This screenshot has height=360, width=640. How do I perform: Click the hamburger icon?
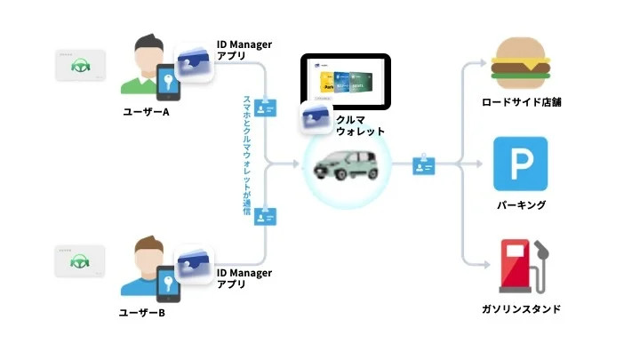pos(521,60)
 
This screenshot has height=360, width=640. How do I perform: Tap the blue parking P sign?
pos(521,164)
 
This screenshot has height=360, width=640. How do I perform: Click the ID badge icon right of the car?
pos(423,164)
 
